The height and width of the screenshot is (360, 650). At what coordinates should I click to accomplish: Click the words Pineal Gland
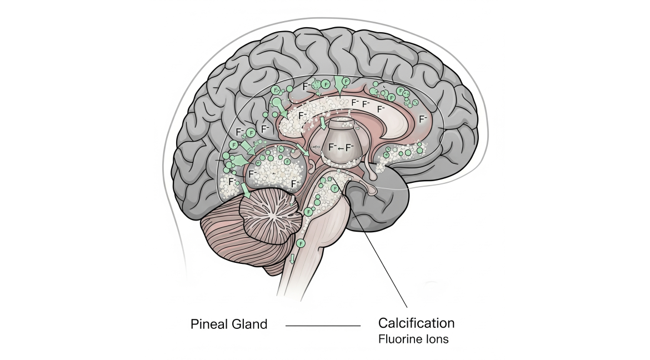(x=229, y=324)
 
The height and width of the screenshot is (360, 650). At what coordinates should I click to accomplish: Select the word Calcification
(x=416, y=323)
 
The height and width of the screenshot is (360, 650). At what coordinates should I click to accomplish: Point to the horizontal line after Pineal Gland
(x=323, y=326)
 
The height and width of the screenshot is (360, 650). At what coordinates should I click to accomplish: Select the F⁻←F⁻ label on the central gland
(x=341, y=147)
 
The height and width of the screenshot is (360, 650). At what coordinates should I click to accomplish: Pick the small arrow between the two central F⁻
(x=341, y=148)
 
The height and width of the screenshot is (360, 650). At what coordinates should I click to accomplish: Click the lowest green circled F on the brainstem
(x=301, y=243)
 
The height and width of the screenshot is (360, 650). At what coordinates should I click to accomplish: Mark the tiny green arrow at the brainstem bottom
(x=292, y=258)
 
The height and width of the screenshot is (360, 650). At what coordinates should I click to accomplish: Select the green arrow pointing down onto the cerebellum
(x=246, y=191)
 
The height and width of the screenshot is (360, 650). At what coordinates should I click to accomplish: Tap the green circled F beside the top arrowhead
(x=346, y=81)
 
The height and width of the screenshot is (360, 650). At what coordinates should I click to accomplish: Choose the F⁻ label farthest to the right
(x=423, y=118)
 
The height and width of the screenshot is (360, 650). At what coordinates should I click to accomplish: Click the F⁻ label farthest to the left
(x=232, y=181)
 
